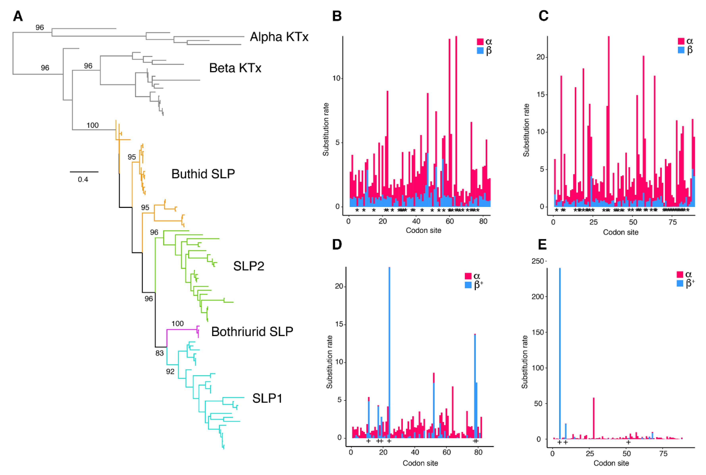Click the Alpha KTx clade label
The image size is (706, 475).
pos(279,37)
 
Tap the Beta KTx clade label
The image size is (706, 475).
pos(235,68)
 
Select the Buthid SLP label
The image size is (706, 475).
pos(203,174)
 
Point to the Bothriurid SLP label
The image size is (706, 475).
pos(252,332)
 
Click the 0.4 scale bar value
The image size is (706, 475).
pos(83,180)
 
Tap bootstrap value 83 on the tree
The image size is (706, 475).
pos(160,353)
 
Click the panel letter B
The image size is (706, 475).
pos(337,16)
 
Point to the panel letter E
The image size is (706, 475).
pos(542,245)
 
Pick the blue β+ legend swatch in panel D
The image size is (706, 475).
pos(468,285)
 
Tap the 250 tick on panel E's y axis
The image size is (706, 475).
pos(538,261)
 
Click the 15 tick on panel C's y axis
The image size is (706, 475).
pos(541,94)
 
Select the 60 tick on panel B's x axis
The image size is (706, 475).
pos(450,222)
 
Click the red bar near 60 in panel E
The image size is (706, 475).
pos(594,418)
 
